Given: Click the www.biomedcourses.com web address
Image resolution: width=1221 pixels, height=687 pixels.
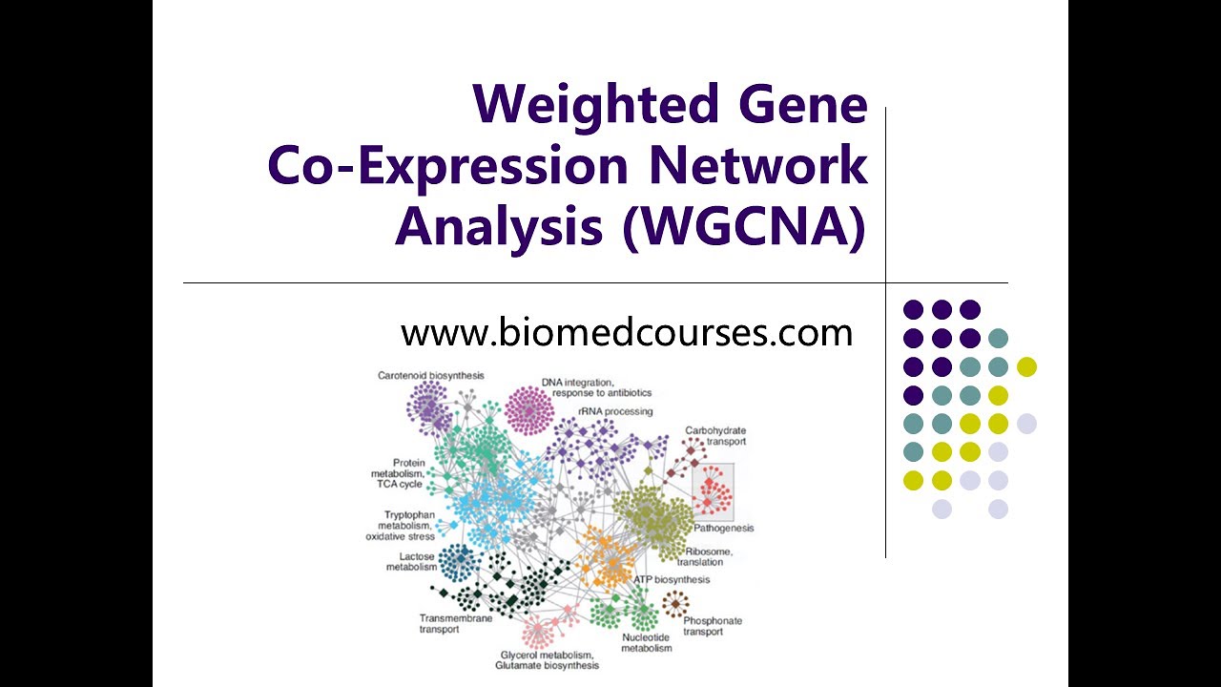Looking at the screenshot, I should coord(627,333).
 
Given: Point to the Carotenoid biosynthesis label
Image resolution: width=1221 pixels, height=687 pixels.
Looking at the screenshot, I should coord(430,375).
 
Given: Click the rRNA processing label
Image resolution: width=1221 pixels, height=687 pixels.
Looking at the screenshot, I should coord(615,411).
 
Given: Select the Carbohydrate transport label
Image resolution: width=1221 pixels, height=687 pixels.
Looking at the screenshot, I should coord(715,436).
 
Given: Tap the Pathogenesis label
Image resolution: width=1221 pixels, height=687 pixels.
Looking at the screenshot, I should coord(724,528).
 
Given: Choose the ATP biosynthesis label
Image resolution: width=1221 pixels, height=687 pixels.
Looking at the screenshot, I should coord(672,579).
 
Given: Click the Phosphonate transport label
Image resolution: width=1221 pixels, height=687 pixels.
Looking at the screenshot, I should coord(712,626).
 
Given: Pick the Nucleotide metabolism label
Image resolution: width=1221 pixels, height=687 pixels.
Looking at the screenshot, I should coord(647,642).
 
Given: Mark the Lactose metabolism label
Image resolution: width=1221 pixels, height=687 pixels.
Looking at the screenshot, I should coord(411,561).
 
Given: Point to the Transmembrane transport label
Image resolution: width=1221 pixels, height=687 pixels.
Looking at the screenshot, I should coord(456,624).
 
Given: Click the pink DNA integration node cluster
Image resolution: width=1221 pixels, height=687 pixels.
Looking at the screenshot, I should coord(529,410).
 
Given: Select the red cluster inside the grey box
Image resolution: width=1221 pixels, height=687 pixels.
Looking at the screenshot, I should coord(714,492).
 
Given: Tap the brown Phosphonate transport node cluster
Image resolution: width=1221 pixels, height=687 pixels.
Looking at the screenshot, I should coord(675,603).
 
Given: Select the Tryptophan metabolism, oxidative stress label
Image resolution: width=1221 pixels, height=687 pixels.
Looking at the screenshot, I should coord(402,525).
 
